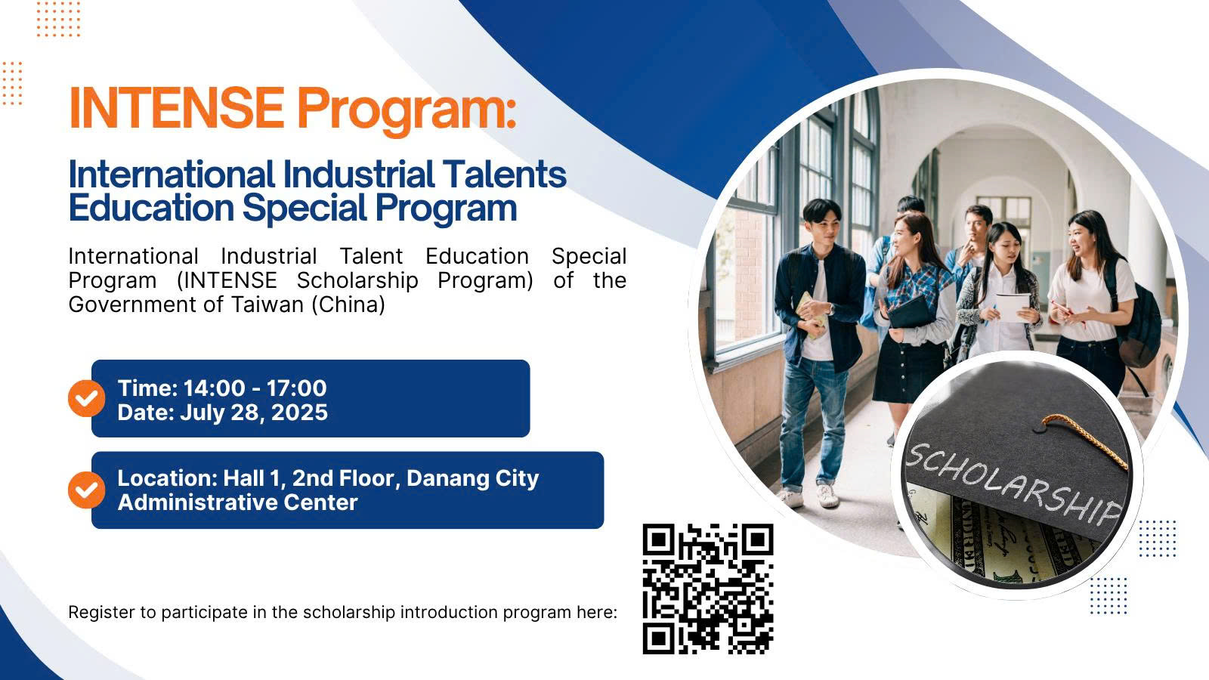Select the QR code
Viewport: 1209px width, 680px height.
tap(707, 589)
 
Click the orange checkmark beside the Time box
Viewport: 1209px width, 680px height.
tap(86, 398)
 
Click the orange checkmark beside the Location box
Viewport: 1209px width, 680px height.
tap(86, 490)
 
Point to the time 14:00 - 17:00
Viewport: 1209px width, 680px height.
tap(255, 388)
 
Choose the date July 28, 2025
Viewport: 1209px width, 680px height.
tap(254, 413)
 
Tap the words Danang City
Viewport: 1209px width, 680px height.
tap(473, 478)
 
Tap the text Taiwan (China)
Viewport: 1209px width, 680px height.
tap(308, 305)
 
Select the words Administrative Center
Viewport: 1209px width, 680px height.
tap(237, 502)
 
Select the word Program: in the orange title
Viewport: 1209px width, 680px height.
tap(407, 110)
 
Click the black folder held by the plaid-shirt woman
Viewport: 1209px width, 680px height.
tap(910, 312)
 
